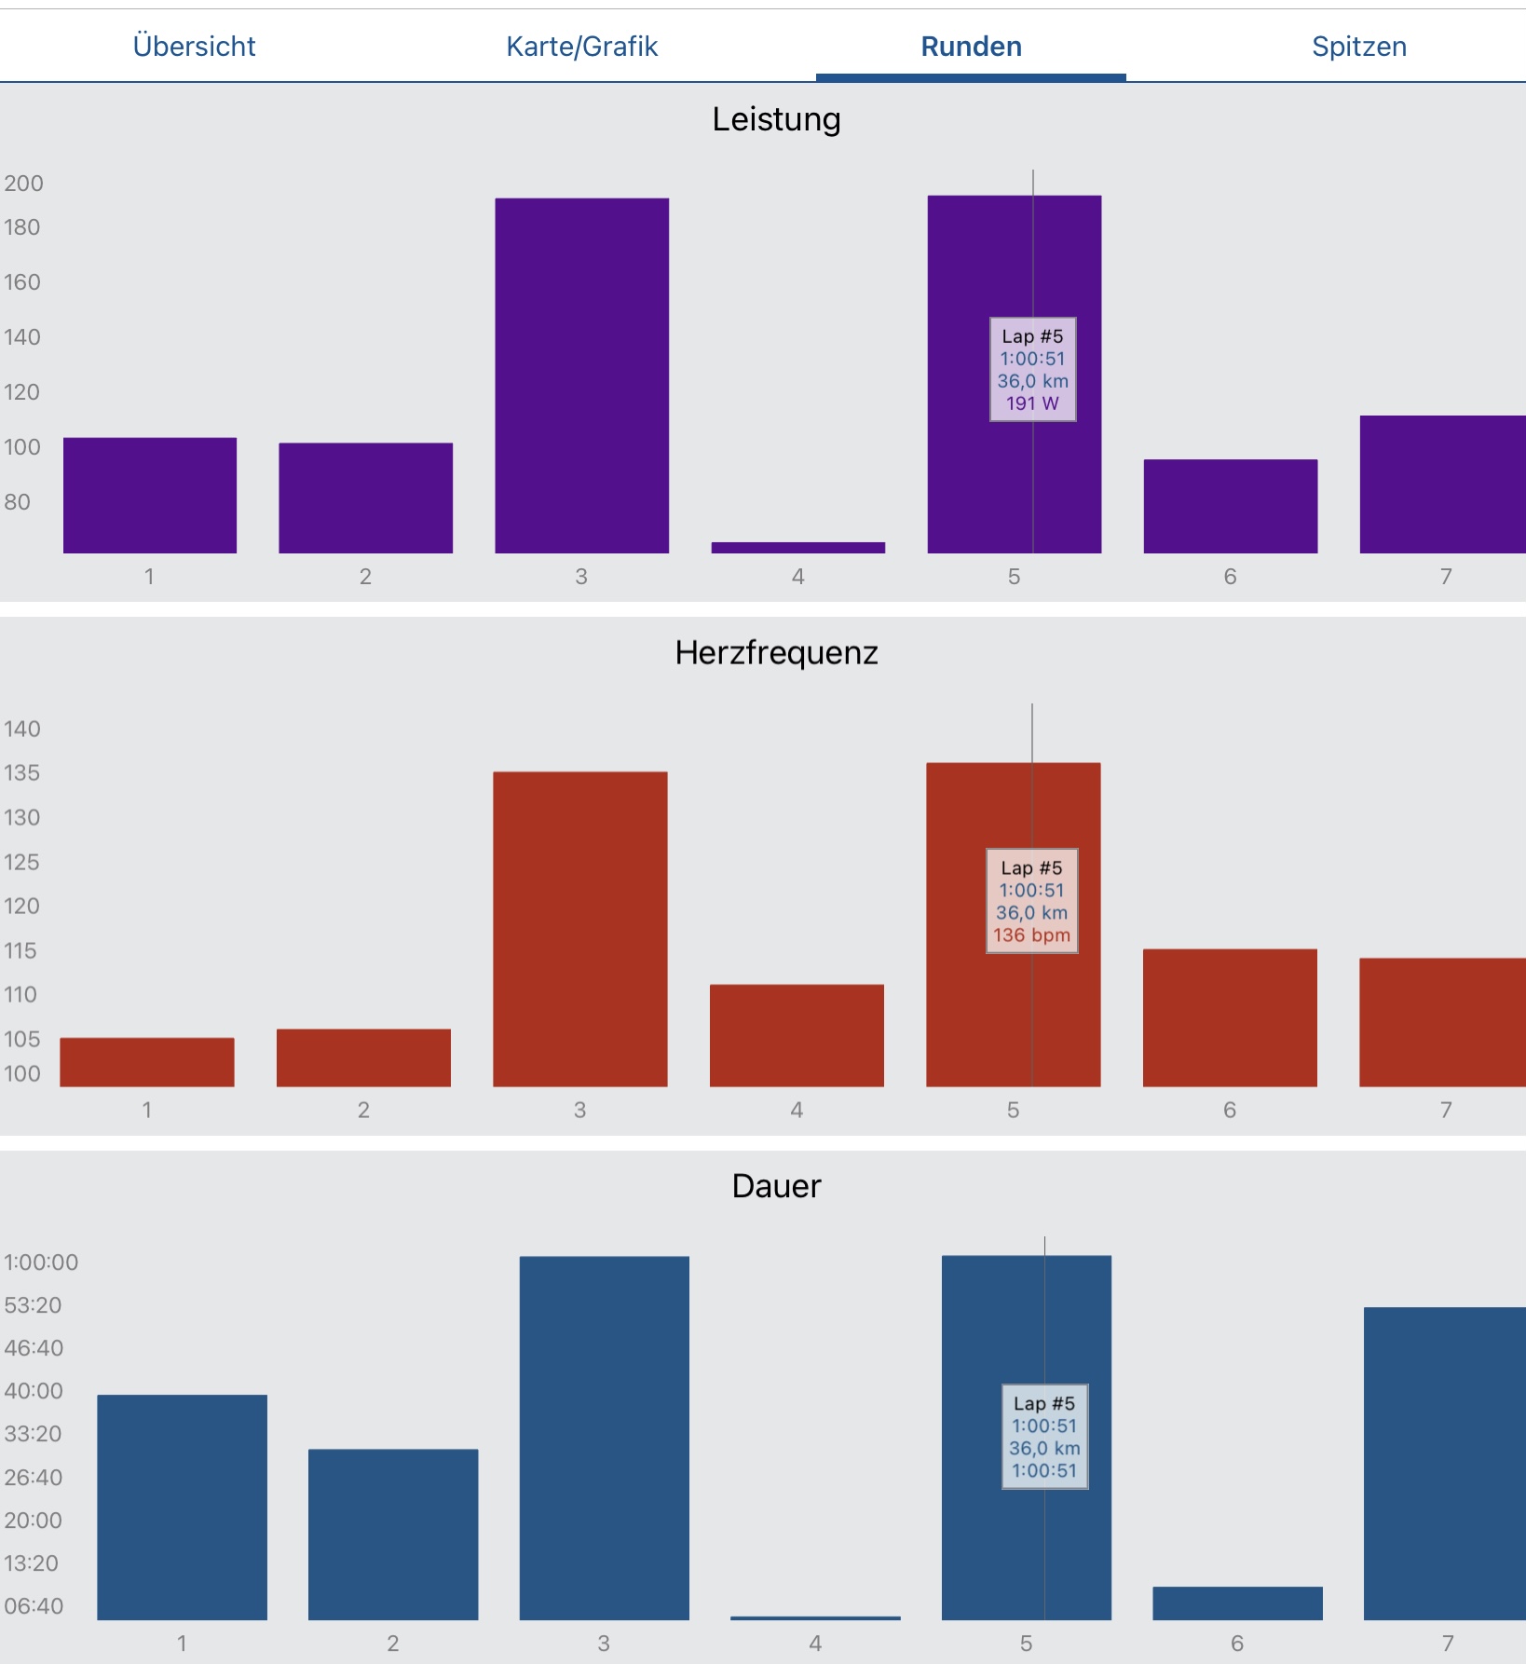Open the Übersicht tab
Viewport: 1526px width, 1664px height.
(x=194, y=47)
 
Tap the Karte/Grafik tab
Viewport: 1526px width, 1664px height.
(x=581, y=47)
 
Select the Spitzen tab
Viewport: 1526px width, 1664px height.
(x=1358, y=47)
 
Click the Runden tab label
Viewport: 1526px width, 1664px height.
(x=971, y=47)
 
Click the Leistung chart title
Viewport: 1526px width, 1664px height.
(x=776, y=119)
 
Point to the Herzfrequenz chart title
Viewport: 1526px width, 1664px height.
(x=776, y=653)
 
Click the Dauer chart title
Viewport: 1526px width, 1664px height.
(x=776, y=1186)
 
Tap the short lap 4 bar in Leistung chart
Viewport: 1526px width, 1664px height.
(x=797, y=548)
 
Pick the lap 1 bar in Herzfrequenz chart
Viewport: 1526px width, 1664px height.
(x=147, y=1062)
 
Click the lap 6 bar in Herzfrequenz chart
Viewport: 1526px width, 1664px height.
(x=1230, y=1017)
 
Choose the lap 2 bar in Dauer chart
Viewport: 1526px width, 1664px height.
(x=393, y=1534)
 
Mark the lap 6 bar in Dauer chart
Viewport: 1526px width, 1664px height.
(x=1237, y=1603)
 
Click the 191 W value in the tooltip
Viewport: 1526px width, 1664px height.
(x=1032, y=403)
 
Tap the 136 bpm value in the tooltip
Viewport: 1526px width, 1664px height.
(x=1031, y=935)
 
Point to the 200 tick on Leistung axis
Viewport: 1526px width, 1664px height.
(x=23, y=184)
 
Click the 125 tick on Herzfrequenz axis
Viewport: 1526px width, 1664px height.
(x=21, y=862)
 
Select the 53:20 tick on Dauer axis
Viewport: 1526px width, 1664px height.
(x=33, y=1305)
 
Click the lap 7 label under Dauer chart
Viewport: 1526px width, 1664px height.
(x=1447, y=1644)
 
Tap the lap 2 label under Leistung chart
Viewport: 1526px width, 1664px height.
(x=365, y=577)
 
